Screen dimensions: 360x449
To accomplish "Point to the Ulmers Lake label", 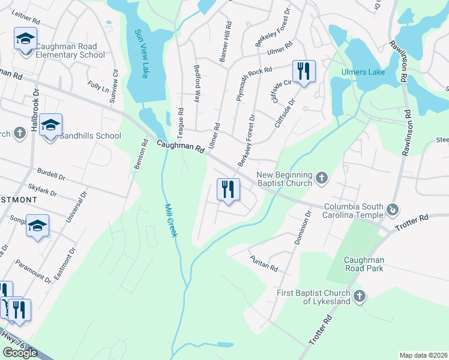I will pyautogui.click(x=363, y=72).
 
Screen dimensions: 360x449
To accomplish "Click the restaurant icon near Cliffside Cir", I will pyautogui.click(x=304, y=71).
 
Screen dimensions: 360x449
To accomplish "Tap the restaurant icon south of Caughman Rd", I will pyautogui.click(x=228, y=190).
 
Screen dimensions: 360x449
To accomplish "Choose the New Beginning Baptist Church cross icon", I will pyautogui.click(x=322, y=178).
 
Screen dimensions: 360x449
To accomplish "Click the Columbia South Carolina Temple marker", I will pyautogui.click(x=393, y=209).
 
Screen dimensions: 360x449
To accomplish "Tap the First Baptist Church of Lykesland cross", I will pyautogui.click(x=360, y=296).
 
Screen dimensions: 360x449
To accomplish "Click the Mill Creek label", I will pyautogui.click(x=171, y=220).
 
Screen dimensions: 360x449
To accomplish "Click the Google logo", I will pyautogui.click(x=21, y=353).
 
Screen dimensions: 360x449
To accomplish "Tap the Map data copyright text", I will pyautogui.click(x=423, y=355).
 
